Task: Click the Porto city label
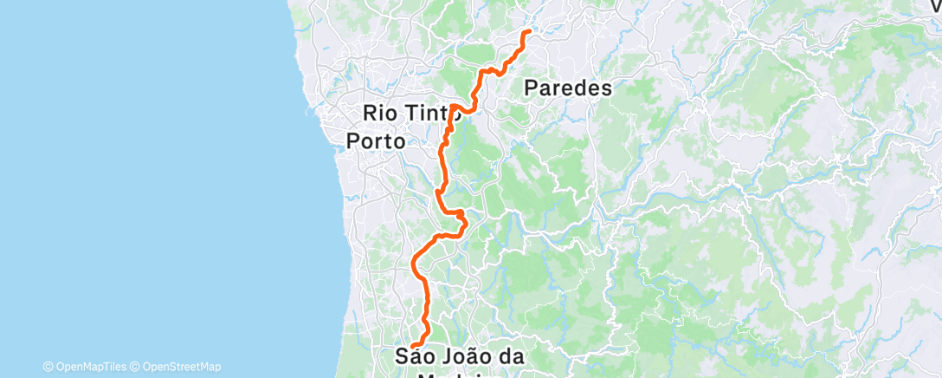[x=376, y=140]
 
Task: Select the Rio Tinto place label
[x=410, y=112]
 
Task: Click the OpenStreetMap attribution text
[x=181, y=367]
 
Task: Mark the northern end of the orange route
[x=528, y=32]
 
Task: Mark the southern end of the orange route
[x=414, y=346]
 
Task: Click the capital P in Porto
[x=353, y=140]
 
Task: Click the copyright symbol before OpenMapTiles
[x=48, y=367]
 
